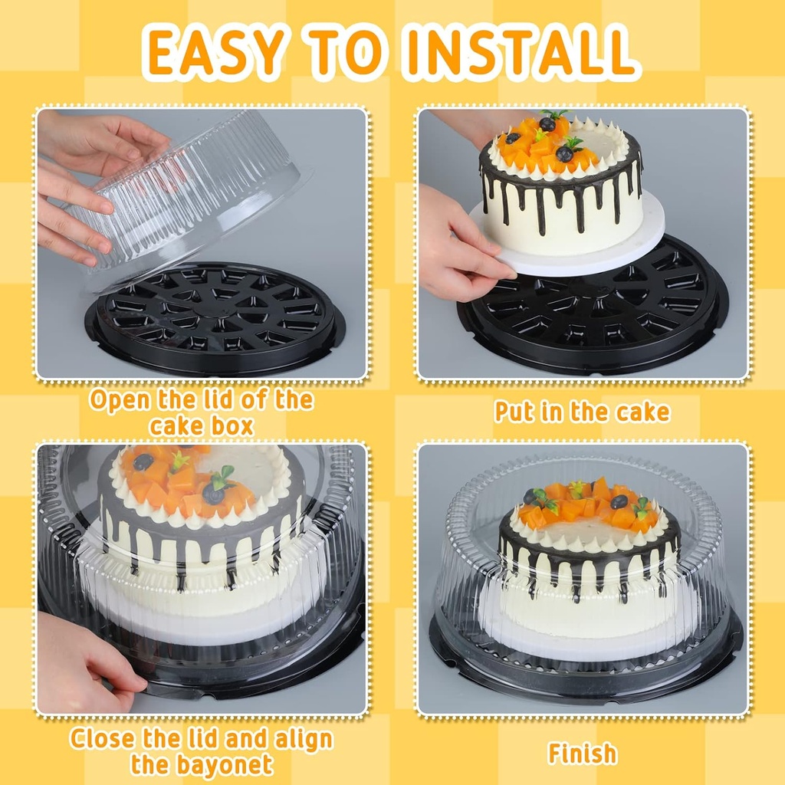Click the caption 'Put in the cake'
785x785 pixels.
[x=582, y=412]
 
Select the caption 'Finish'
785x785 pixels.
[x=582, y=753]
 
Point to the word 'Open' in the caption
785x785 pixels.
[x=120, y=401]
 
